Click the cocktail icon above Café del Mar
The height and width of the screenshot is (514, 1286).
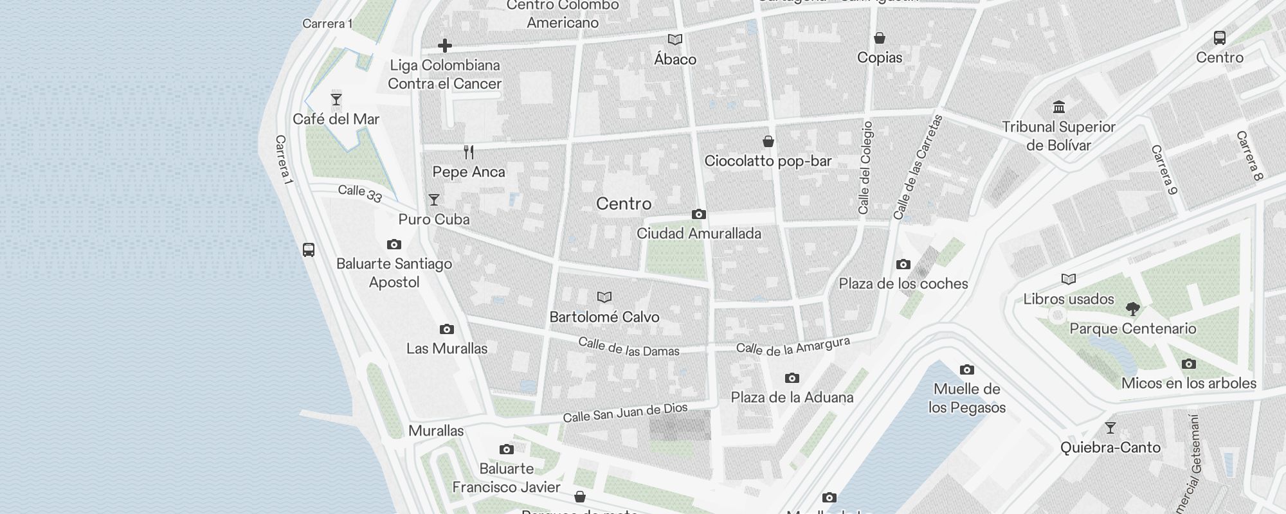point(336,100)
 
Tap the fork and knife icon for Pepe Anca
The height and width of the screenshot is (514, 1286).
point(469,152)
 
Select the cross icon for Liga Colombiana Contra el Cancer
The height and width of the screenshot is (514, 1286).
point(444,46)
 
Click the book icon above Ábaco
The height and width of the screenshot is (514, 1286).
point(675,40)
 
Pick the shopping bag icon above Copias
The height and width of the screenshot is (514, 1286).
point(879,39)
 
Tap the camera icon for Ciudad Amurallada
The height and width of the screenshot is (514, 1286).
point(698,215)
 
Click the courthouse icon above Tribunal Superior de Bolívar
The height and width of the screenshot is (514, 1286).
point(1058,107)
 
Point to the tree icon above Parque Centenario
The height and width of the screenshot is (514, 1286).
point(1132,309)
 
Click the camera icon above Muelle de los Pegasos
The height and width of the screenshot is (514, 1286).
point(966,370)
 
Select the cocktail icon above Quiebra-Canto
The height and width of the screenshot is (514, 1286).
point(1110,428)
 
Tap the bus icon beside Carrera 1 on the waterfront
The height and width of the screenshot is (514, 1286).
point(309,250)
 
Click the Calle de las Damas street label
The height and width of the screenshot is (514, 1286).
point(628,347)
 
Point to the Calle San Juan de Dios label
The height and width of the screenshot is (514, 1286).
point(625,412)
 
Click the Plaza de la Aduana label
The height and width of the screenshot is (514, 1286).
point(792,397)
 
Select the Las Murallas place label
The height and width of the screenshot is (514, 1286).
point(447,348)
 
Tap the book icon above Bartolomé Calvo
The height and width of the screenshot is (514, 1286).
point(604,297)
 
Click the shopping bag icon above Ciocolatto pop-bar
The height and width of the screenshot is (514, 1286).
point(768,141)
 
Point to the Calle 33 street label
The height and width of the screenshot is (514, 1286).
point(360,193)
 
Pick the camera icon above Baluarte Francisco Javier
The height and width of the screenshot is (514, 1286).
point(506,449)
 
